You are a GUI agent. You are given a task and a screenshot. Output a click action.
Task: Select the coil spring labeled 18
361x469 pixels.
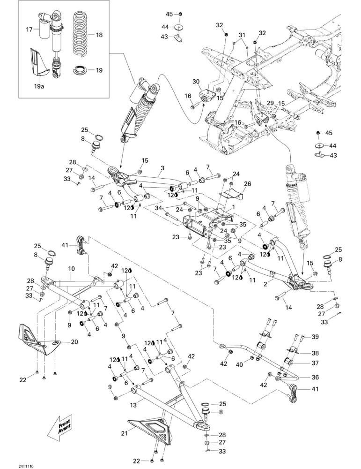[x=81, y=34]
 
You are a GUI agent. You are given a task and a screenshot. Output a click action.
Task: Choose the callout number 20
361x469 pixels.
[x=74, y=341]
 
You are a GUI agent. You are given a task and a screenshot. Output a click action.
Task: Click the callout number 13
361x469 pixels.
[x=133, y=405]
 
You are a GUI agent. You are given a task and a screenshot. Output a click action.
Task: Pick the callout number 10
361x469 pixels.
[x=71, y=269]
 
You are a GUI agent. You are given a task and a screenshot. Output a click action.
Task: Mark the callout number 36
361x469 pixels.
[x=315, y=378]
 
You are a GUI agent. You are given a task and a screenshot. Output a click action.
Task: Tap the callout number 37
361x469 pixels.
[x=315, y=363]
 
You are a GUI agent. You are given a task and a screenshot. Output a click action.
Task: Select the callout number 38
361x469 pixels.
[x=315, y=353]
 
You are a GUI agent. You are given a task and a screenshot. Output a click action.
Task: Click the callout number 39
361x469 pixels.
[x=315, y=337]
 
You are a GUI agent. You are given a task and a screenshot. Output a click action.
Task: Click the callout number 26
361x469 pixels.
[x=248, y=184]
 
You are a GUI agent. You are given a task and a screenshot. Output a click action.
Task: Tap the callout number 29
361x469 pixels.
[x=270, y=103]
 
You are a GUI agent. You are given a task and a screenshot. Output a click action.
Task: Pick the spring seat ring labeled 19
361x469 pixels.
[x=81, y=70]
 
